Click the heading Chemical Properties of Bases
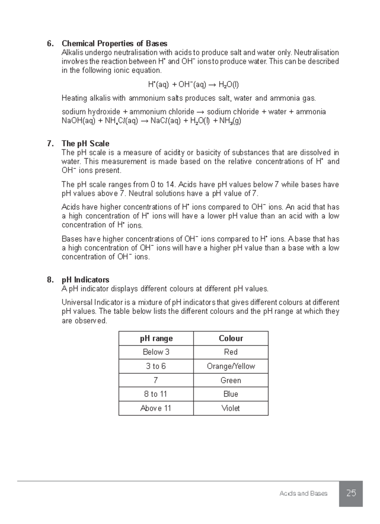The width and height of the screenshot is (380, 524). coord(114,43)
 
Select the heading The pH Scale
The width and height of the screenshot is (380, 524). coord(85,144)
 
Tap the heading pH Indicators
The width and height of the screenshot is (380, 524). coord(85,280)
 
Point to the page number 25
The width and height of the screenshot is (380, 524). coord(351,493)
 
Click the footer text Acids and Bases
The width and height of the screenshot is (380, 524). coord(303,493)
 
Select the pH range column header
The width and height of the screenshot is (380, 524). coord(156,338)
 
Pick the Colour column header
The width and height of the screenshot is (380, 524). coord(231,338)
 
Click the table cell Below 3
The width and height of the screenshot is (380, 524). coord(156,352)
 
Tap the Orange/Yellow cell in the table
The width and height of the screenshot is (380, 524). coord(231,366)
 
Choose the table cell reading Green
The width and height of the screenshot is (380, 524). coord(231,380)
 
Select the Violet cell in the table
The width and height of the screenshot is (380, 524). coord(231,408)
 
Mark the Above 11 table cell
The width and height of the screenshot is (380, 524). coord(156,408)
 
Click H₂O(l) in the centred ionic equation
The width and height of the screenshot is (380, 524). coord(229,85)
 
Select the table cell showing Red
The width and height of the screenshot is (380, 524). coord(231,352)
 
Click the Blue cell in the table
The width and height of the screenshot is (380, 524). coord(231,394)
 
